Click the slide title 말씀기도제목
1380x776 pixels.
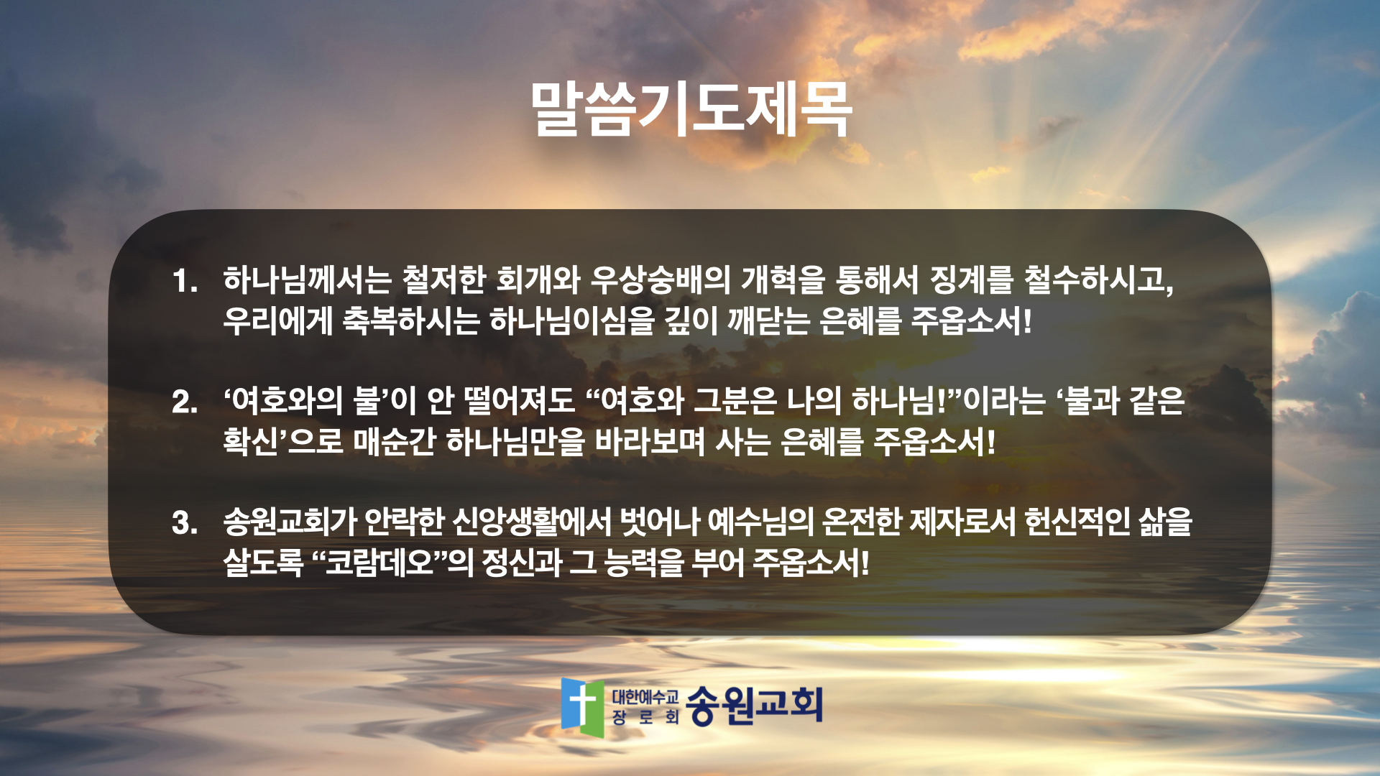(x=691, y=109)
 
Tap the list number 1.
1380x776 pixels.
(x=185, y=281)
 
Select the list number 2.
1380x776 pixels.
(x=185, y=402)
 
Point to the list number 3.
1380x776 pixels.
(x=185, y=522)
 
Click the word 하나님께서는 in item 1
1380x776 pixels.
(x=307, y=280)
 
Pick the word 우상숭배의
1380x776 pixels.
(x=660, y=280)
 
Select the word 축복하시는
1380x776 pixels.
(x=410, y=320)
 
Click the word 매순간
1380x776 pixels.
(x=395, y=441)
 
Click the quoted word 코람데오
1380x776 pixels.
(x=379, y=562)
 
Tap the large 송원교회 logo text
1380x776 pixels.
(x=754, y=705)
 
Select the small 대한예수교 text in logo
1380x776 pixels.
(x=645, y=696)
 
